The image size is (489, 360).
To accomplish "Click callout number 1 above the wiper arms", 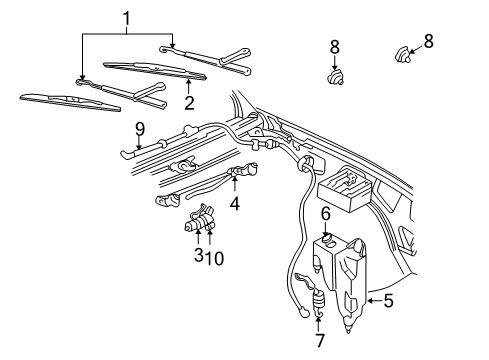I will pyautogui.click(x=125, y=17).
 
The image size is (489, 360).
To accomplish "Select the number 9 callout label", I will pyautogui.click(x=139, y=128).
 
